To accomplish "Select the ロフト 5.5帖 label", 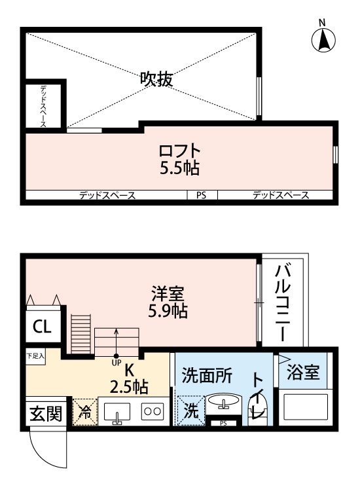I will (x=179, y=159).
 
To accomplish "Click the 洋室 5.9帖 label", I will (x=168, y=302).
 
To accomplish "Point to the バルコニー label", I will (x=283, y=302).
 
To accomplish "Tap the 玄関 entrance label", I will (x=45, y=413).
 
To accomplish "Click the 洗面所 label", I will (x=206, y=376).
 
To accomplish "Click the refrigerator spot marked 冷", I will (x=85, y=412).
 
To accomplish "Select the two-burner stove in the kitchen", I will (x=152, y=412).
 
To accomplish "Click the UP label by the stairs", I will (x=117, y=361).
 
